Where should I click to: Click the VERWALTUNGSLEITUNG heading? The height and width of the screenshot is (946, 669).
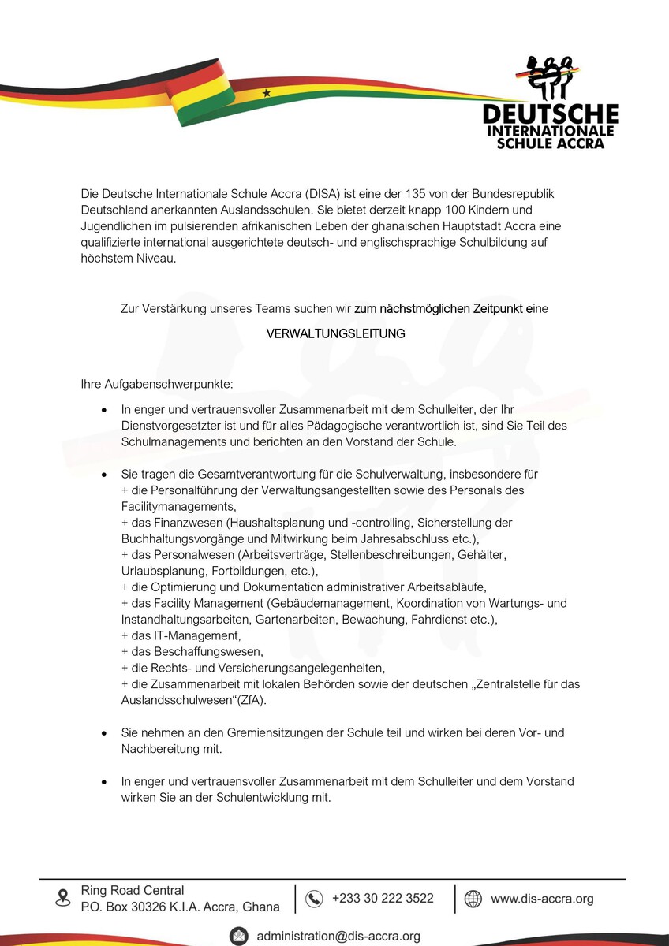(x=335, y=333)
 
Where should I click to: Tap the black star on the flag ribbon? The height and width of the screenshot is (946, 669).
(x=267, y=93)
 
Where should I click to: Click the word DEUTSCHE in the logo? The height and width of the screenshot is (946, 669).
(x=550, y=114)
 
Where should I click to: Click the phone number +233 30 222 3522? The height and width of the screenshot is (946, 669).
(x=383, y=898)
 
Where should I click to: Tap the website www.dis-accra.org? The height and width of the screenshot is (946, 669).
(x=542, y=898)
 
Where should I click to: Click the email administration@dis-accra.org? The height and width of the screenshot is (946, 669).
(x=338, y=936)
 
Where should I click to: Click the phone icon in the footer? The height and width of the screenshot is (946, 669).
(x=314, y=899)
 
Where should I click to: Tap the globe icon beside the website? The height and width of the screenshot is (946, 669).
(x=473, y=899)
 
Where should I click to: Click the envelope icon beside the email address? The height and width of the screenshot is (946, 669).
(x=238, y=936)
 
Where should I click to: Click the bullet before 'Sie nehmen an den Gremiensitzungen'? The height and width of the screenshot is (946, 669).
(x=103, y=733)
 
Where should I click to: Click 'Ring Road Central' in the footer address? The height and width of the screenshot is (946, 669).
(x=133, y=890)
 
